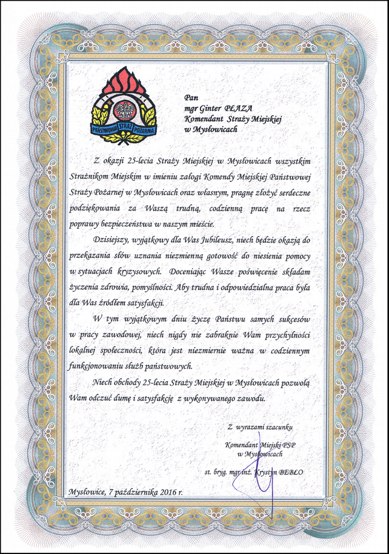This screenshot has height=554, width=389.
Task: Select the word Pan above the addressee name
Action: pyautogui.click(x=191, y=96)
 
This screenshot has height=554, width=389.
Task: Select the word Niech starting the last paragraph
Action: pyautogui.click(x=104, y=382)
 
